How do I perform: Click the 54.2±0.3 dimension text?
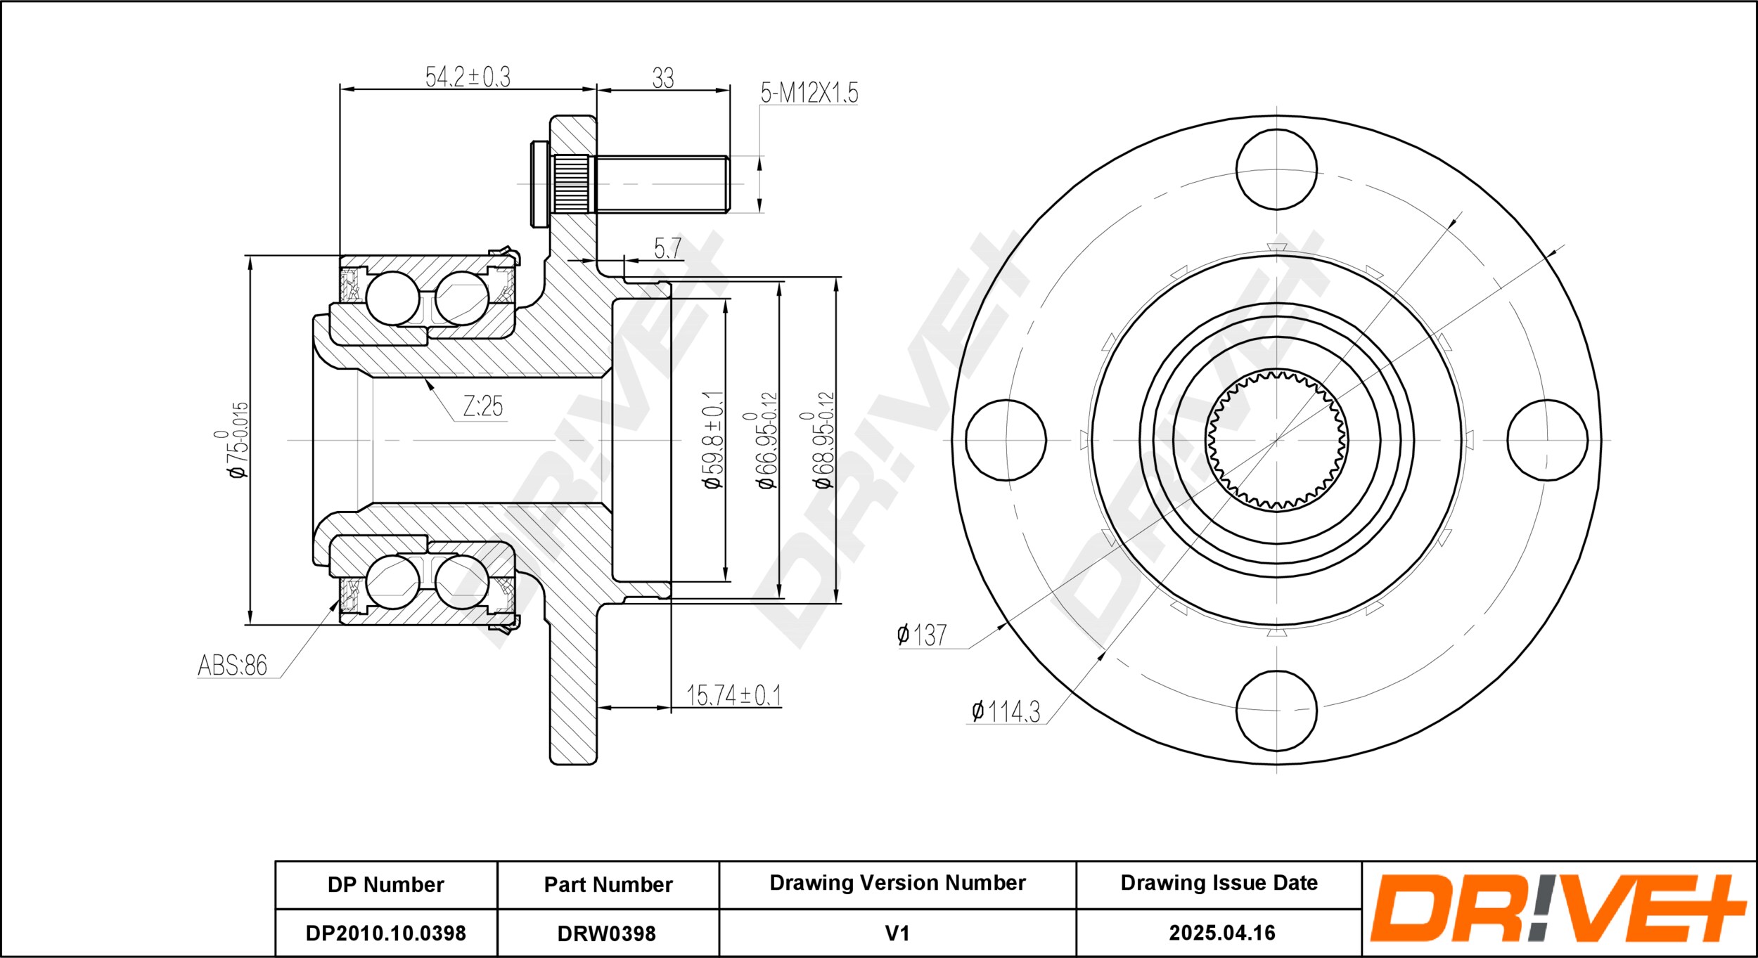(468, 77)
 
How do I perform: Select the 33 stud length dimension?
(663, 78)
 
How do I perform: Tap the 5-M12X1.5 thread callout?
(809, 92)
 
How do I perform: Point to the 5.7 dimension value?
(667, 247)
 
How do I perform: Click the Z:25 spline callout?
(483, 406)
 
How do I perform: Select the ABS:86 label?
(233, 664)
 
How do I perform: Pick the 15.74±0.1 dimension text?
(733, 695)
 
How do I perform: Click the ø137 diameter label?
(922, 635)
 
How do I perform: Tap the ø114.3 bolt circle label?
(1006, 711)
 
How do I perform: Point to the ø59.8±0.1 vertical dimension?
(713, 440)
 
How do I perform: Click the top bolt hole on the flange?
(1276, 169)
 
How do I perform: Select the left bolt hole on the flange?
(1006, 440)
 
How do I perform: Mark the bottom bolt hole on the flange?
(1276, 711)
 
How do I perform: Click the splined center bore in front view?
(1276, 440)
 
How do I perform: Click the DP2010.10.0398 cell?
(385, 933)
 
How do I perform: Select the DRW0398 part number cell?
(607, 933)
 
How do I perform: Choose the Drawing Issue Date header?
(1219, 883)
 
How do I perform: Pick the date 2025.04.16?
(1222, 933)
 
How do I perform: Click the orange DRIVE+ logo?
(1558, 908)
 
